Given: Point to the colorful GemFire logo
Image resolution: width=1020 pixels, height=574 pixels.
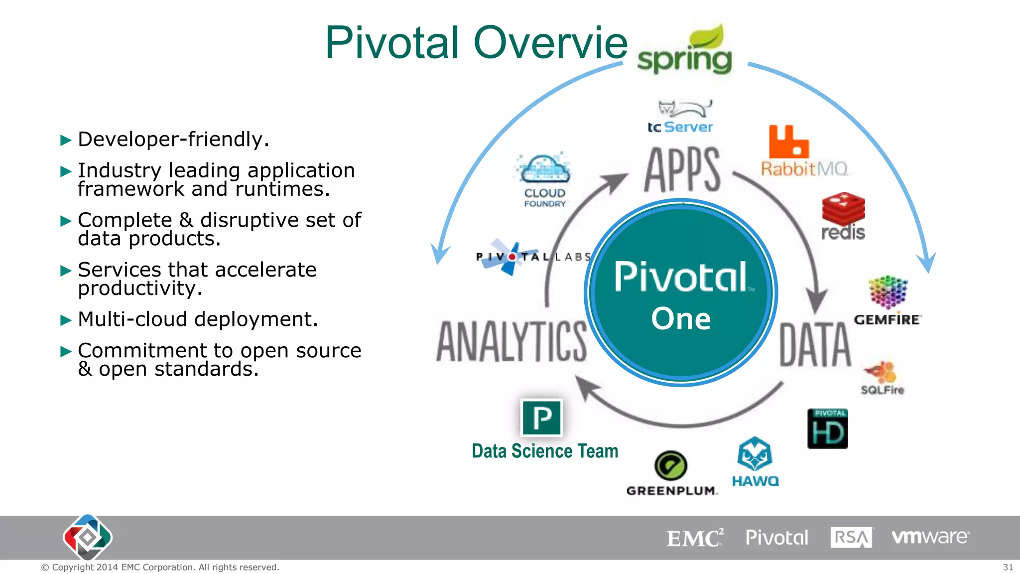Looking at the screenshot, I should (888, 293).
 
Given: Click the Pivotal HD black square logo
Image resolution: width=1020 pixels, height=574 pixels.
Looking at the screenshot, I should (827, 429).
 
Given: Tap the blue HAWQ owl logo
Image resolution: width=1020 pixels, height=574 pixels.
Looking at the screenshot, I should (755, 454).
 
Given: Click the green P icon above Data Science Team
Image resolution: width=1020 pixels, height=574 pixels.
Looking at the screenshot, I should (542, 418).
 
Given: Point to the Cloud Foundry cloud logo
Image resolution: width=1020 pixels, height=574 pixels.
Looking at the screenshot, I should (544, 170).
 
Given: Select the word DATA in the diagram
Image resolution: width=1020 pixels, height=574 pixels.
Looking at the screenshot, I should (815, 345).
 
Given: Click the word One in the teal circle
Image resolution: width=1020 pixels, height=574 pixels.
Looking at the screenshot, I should (681, 318).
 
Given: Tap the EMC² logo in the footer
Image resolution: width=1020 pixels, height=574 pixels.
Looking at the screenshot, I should (694, 538).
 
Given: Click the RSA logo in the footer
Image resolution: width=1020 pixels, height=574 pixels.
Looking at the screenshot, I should (851, 538).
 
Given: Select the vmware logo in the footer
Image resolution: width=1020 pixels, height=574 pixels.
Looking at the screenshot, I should (930, 537).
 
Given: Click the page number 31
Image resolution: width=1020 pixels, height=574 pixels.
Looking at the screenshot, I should (1008, 567).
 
